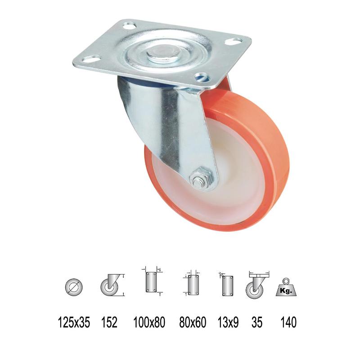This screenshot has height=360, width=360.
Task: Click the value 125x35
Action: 74,322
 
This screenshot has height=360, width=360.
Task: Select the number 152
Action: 109,322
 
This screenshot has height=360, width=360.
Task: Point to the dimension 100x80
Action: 149,322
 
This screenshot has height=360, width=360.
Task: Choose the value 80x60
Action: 192,322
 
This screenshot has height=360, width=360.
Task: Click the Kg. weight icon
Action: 287,288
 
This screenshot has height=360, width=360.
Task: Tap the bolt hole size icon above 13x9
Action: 227,285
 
